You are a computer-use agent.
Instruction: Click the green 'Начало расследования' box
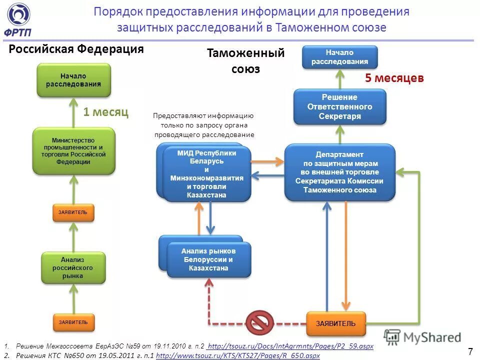click(73, 80)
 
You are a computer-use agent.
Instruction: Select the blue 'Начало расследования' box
click(339, 57)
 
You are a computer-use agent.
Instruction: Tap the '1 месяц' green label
click(105, 112)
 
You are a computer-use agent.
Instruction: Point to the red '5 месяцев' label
click(394, 78)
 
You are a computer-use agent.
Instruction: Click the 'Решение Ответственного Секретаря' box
click(339, 106)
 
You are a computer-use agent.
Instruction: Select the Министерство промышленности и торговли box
click(73, 151)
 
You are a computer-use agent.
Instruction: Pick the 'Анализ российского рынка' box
click(73, 267)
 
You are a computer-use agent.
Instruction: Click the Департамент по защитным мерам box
click(339, 172)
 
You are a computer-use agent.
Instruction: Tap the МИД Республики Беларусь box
click(206, 174)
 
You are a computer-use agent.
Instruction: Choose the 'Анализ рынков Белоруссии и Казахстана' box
click(208, 259)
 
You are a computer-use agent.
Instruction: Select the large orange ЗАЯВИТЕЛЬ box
click(335, 323)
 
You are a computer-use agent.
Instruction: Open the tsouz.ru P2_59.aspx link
click(290, 346)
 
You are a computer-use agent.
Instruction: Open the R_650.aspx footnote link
click(237, 355)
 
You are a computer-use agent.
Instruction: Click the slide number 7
click(470, 350)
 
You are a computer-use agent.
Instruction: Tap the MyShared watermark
click(423, 337)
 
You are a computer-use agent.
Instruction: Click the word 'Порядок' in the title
click(118, 11)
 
